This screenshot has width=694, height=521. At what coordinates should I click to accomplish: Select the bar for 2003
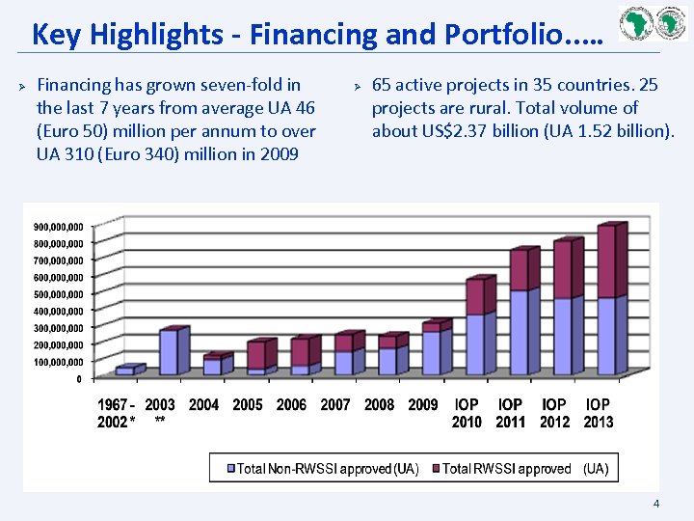pyautogui.click(x=170, y=352)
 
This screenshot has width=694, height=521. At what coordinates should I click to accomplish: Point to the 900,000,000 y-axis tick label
pyautogui.click(x=60, y=227)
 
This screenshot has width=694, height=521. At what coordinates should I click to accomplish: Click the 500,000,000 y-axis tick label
pyautogui.click(x=60, y=294)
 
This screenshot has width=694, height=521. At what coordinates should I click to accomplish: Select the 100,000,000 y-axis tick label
pyautogui.click(x=60, y=362)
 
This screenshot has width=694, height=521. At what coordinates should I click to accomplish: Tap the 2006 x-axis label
pyautogui.click(x=291, y=405)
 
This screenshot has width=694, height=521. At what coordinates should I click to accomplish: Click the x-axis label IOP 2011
pyautogui.click(x=510, y=413)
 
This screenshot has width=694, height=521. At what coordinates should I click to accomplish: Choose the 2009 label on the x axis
pyautogui.click(x=422, y=405)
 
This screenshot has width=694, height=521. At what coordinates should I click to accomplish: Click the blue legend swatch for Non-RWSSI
pyautogui.click(x=230, y=469)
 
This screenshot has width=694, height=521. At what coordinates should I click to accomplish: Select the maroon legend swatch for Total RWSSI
pyautogui.click(x=436, y=469)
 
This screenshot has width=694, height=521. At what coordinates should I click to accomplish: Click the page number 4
pyautogui.click(x=656, y=504)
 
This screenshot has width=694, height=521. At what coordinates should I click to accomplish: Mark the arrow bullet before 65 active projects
pyautogui.click(x=356, y=86)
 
